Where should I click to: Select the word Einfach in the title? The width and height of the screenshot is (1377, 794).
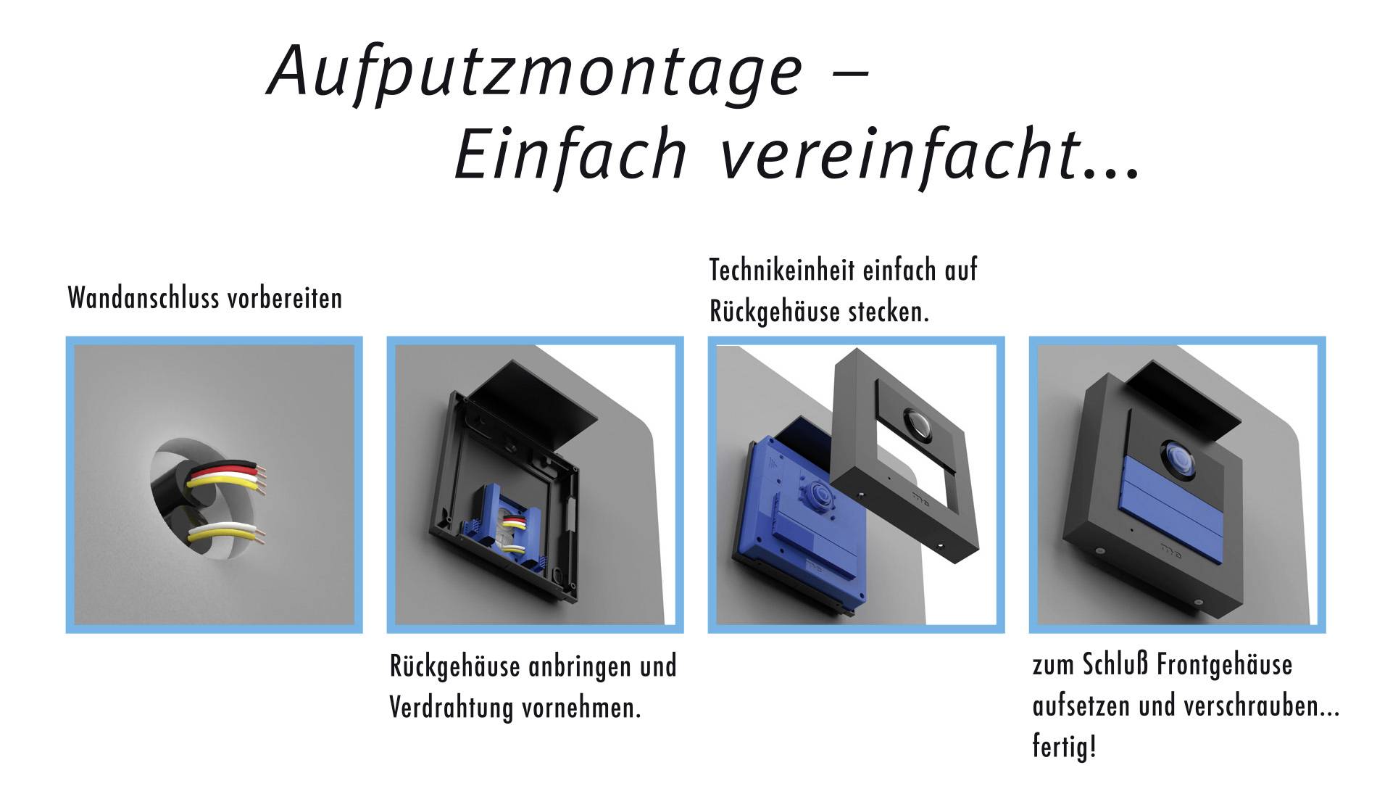570,154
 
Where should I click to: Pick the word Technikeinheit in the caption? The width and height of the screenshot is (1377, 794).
789,270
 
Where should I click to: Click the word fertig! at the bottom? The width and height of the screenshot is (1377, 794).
1064,746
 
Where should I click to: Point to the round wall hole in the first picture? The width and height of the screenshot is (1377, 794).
196,500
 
